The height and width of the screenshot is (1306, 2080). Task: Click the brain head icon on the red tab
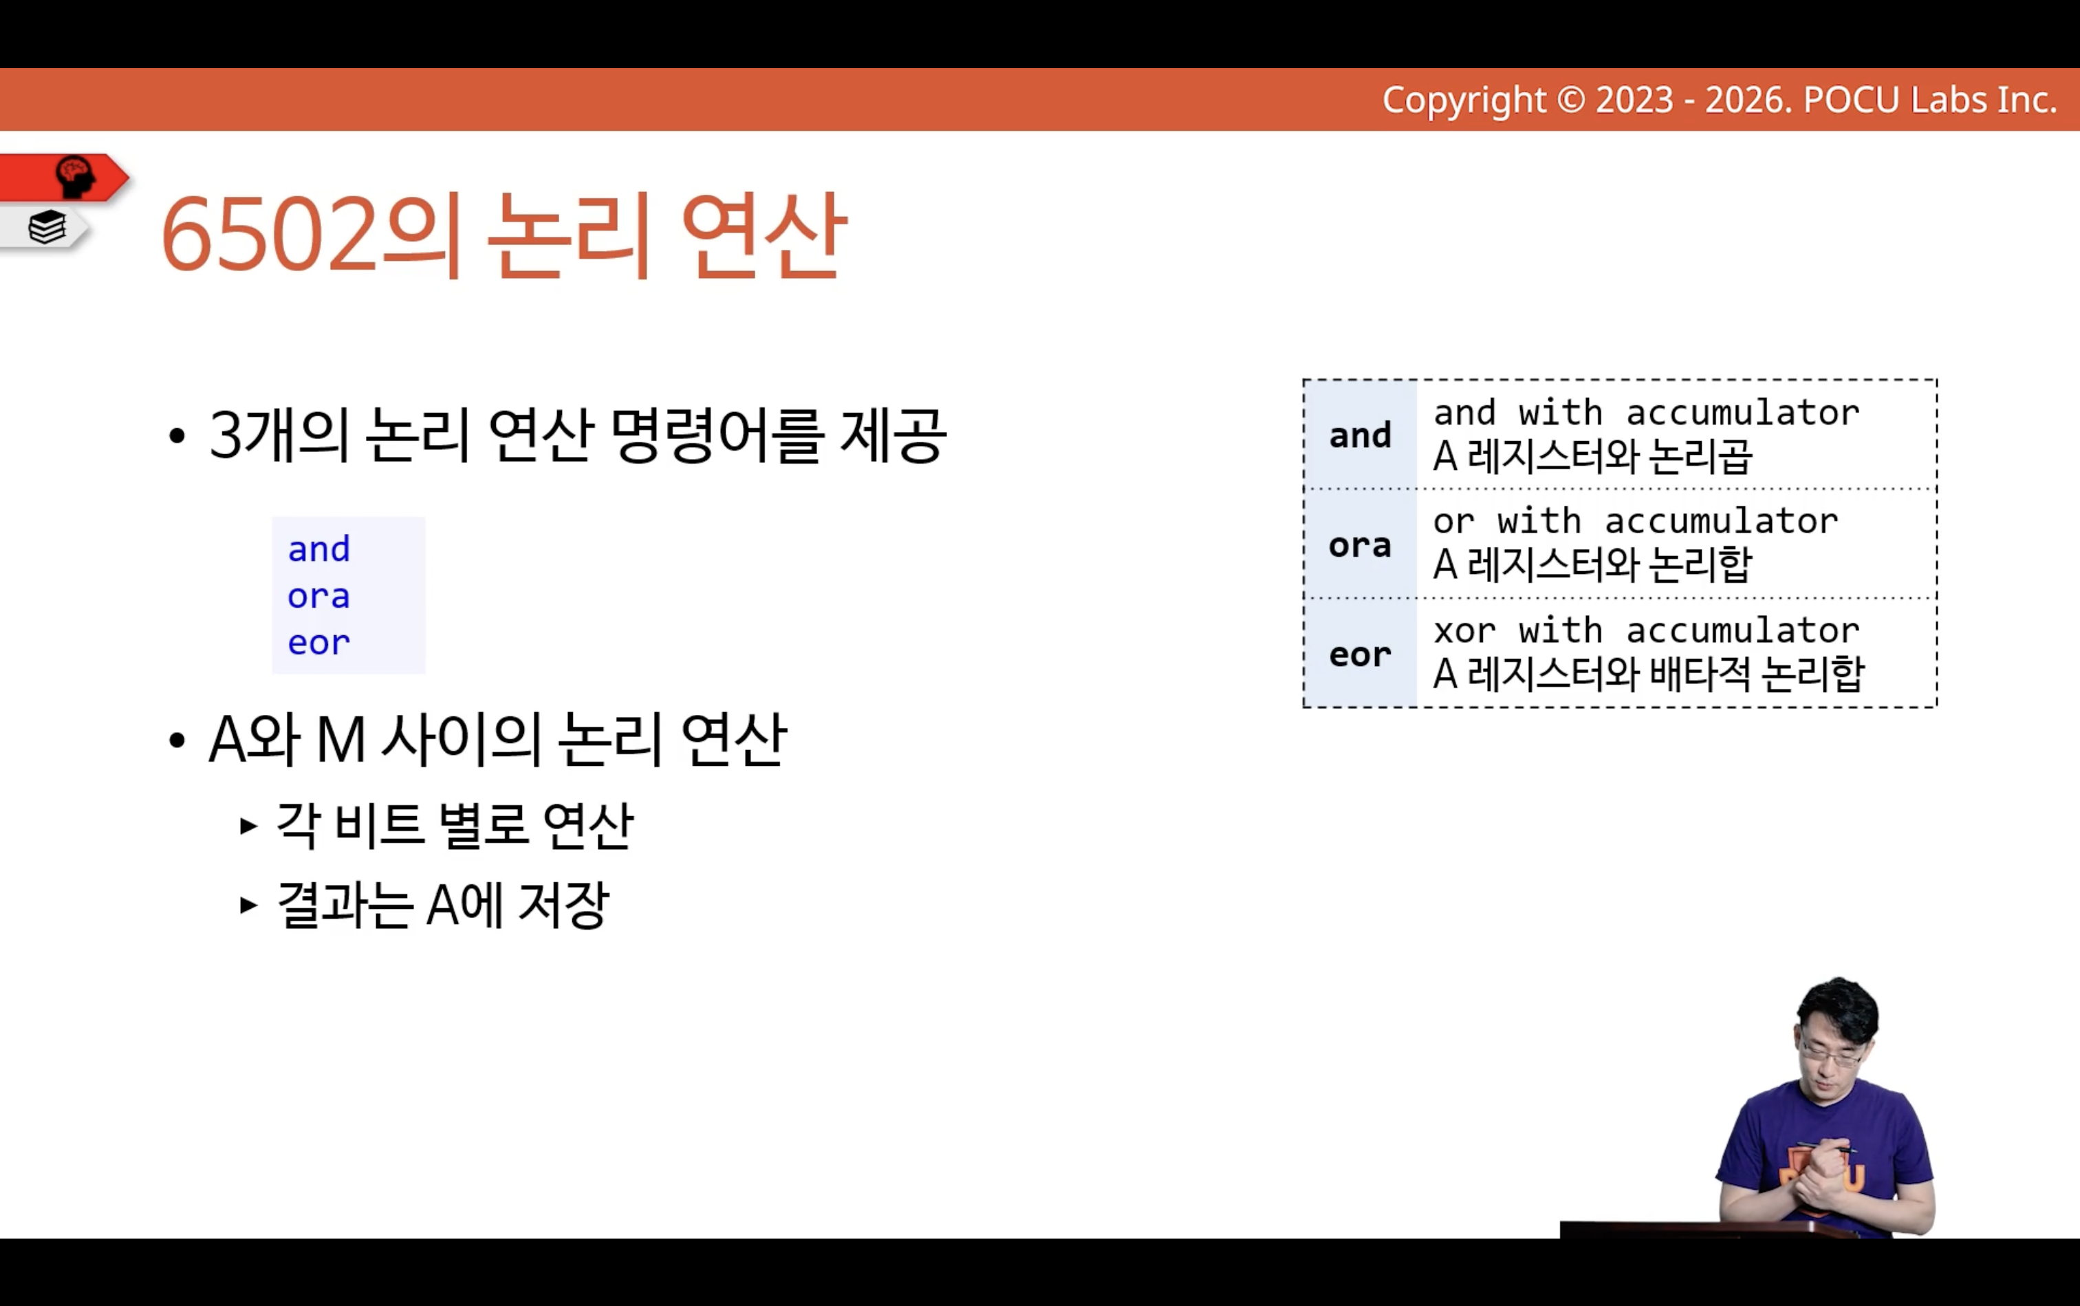point(75,177)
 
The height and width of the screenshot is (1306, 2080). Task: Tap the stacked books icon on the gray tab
point(47,227)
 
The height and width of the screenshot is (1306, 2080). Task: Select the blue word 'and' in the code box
point(318,549)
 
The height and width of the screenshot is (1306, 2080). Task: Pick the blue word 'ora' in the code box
point(318,596)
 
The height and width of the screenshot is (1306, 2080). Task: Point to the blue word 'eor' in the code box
point(318,643)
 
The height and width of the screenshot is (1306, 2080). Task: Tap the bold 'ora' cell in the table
point(1360,545)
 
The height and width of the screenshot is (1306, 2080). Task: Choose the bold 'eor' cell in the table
point(1360,655)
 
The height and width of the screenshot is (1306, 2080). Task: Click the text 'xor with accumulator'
point(1647,630)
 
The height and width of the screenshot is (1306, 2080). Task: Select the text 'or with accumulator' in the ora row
point(1636,521)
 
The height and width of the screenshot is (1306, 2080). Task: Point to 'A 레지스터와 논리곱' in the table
point(1592,456)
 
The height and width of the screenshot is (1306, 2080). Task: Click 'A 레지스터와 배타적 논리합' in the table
point(1648,674)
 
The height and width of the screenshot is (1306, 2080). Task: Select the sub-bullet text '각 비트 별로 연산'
point(454,825)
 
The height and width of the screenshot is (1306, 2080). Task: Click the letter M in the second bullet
point(340,740)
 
